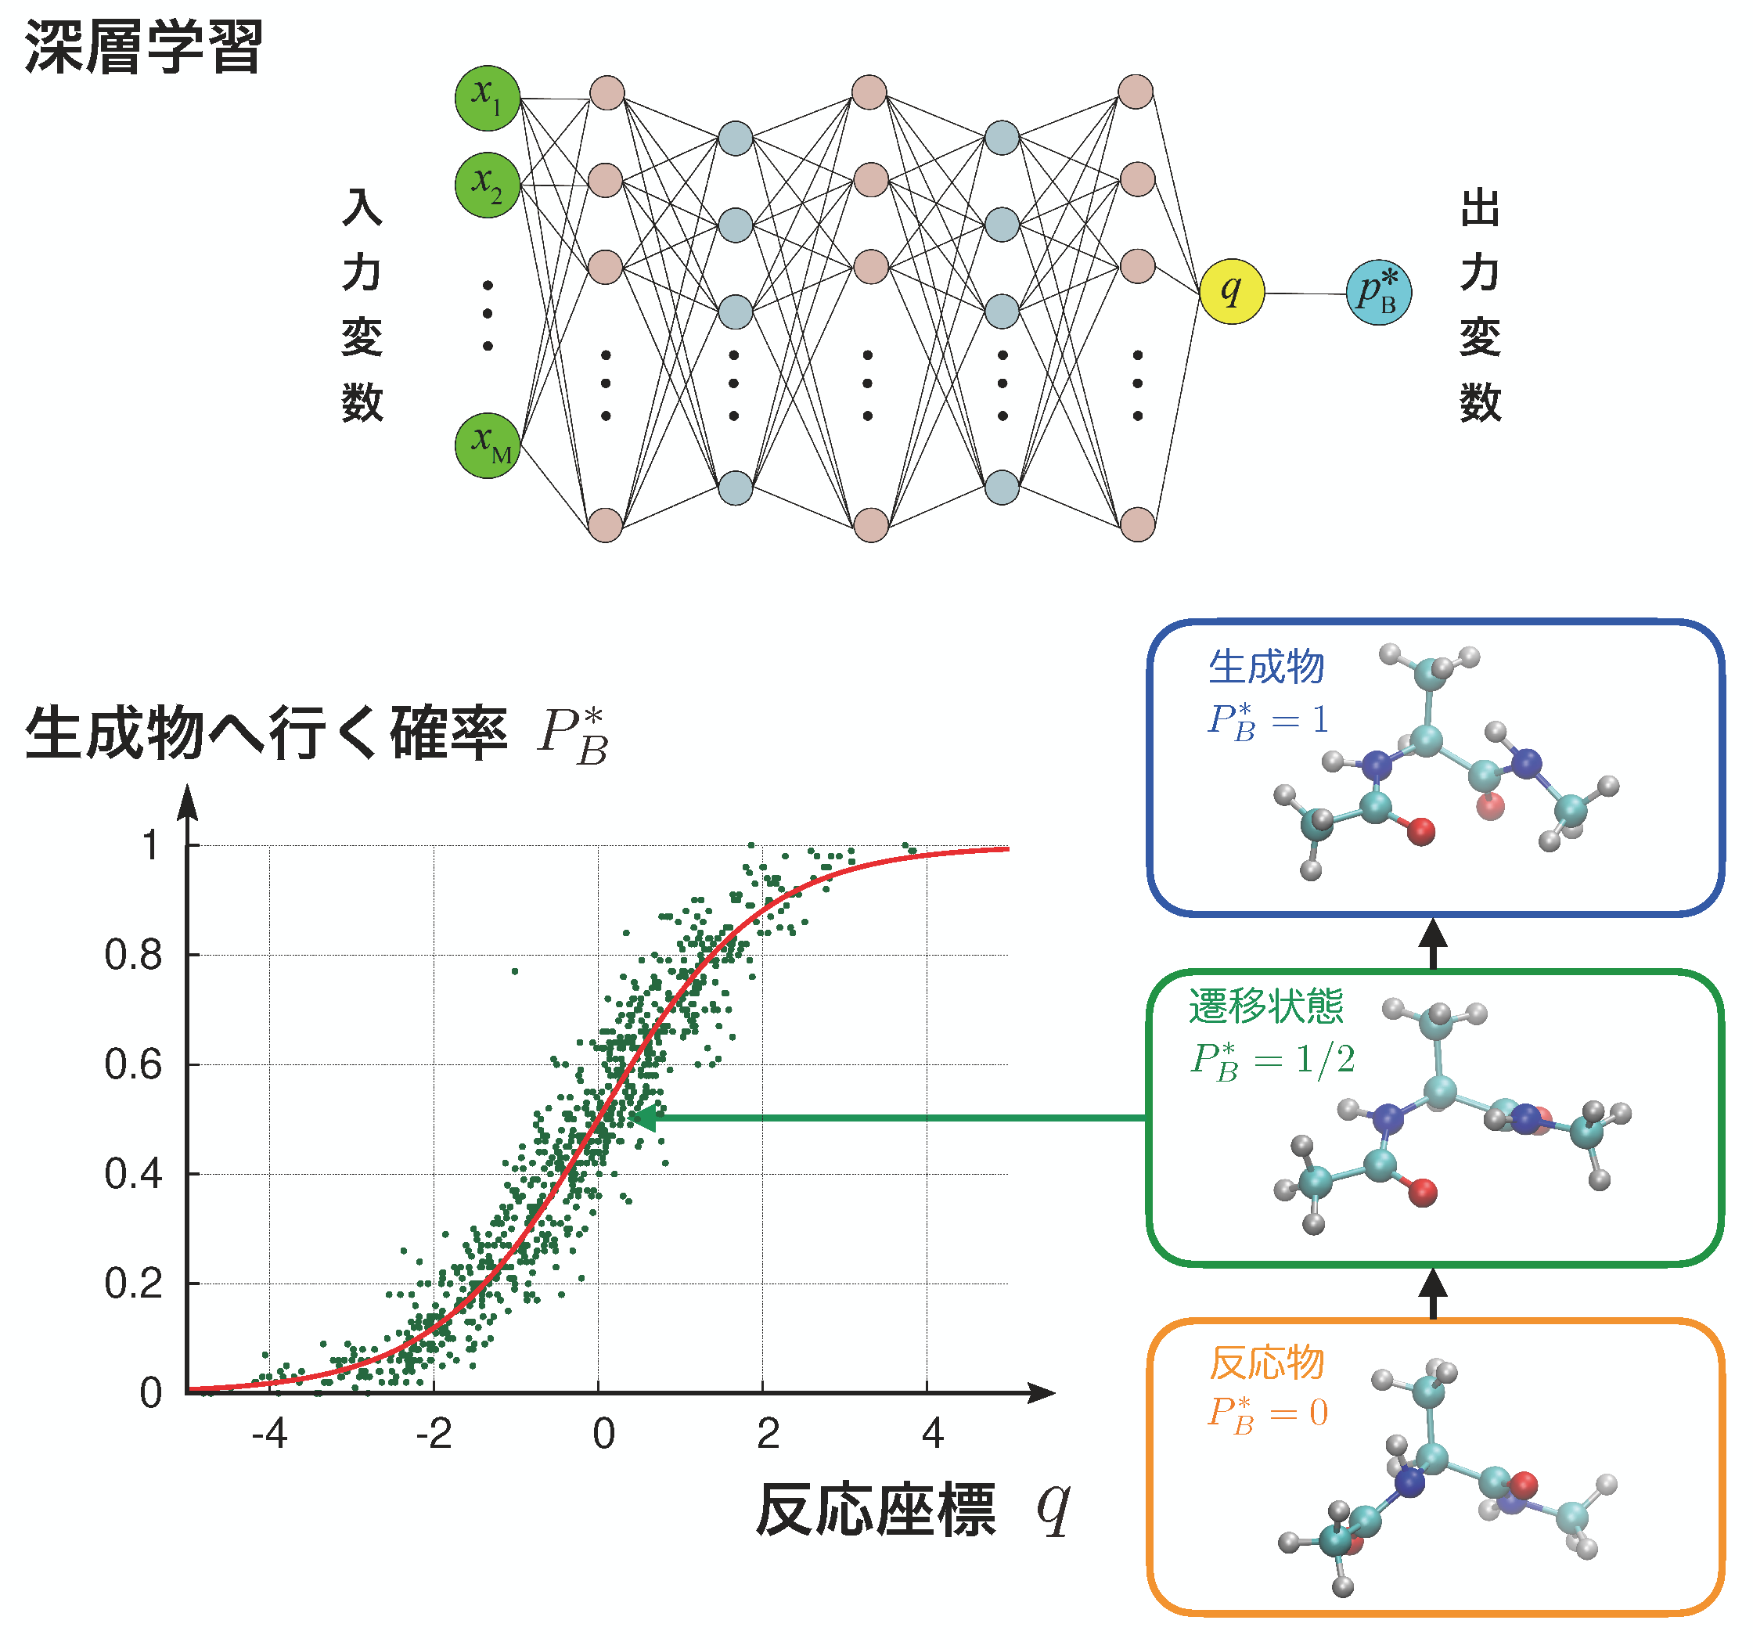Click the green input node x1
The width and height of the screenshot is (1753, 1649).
487,97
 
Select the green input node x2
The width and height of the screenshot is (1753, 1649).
487,185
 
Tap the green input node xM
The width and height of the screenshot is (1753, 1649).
487,445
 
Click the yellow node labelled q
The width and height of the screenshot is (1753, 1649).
1231,291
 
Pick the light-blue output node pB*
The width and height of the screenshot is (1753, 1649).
1378,293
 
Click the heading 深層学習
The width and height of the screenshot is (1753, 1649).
144,47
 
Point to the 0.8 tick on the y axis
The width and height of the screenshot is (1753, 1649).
134,955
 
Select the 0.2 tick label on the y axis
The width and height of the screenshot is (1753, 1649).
134,1284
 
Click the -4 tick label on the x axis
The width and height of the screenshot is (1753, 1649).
269,1434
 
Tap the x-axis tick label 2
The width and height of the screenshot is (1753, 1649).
768,1434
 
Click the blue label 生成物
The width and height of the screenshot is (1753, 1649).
1266,667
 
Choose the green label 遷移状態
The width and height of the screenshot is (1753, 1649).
1265,1006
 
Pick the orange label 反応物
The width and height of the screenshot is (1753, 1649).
1266,1363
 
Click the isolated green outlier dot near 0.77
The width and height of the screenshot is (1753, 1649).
515,972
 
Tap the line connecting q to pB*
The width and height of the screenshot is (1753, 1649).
1305,293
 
